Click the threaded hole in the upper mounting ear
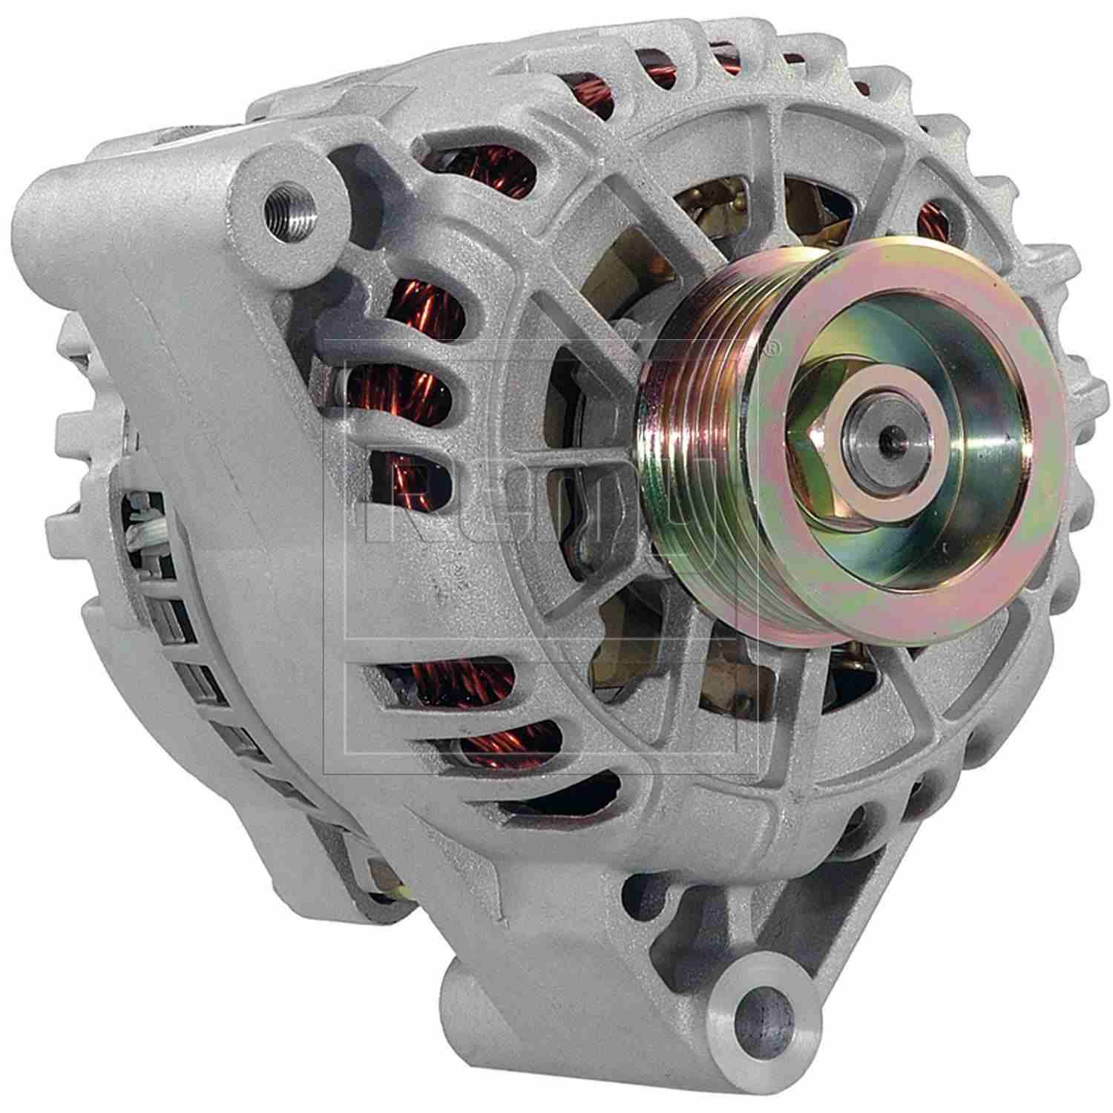pos(286,200)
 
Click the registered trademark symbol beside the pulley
pos(772,347)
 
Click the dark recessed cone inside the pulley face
pos(957,460)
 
